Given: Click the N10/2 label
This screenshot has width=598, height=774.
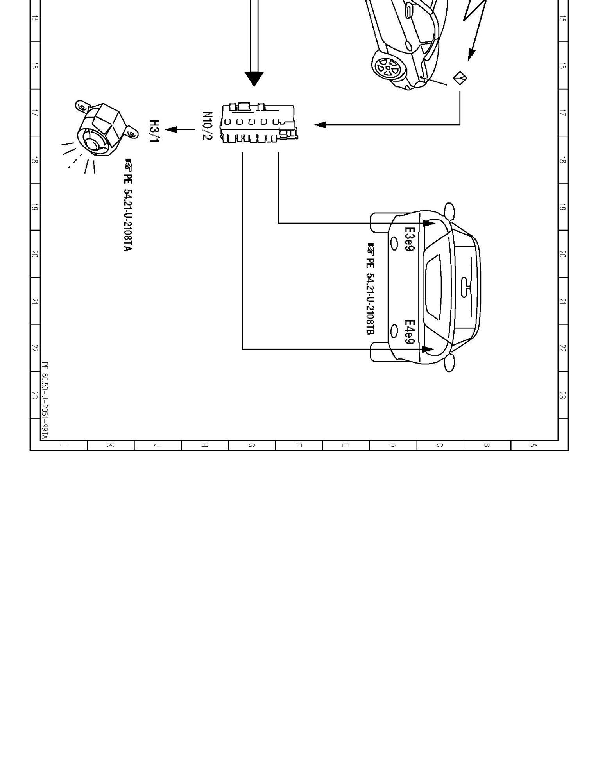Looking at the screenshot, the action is point(207,126).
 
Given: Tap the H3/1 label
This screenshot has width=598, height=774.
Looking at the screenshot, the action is point(155,131).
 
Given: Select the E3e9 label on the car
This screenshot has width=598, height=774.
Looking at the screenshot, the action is point(409,239).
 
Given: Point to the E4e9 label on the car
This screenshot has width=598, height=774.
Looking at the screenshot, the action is point(409,332).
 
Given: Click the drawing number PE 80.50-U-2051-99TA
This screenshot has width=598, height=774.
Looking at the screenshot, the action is point(45,400).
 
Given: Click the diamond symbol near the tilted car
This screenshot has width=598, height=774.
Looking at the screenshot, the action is point(460,78).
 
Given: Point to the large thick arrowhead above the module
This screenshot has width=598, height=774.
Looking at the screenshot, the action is point(254,79).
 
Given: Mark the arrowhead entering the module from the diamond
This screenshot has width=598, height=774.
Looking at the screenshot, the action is point(320,125).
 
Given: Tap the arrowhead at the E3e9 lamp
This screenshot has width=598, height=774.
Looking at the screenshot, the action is point(429,223).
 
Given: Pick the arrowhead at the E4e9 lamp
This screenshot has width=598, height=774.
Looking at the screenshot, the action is point(429,349).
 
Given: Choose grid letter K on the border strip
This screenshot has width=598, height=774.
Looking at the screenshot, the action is point(111,445).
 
